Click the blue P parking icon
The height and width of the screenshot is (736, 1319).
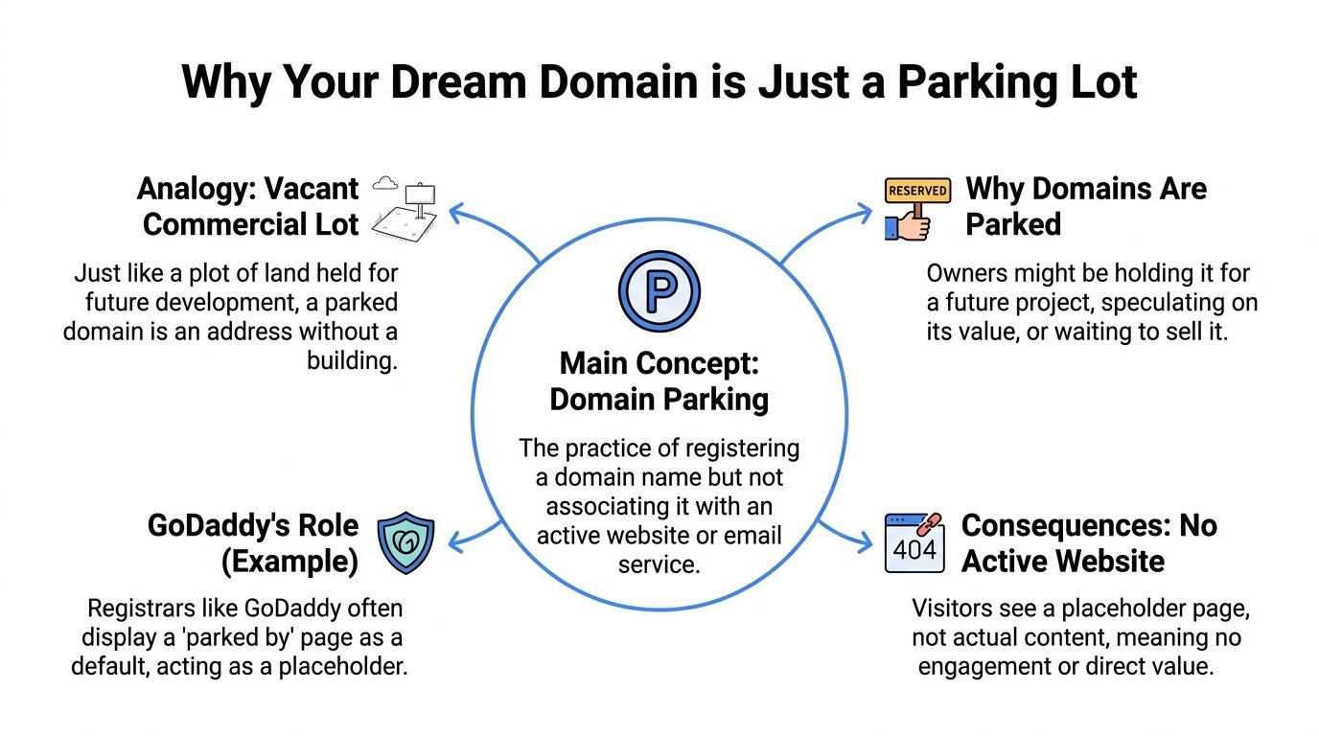[659, 290]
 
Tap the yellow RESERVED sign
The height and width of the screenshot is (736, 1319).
[917, 191]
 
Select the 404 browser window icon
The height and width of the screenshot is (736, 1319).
[914, 543]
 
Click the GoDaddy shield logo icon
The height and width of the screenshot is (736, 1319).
[406, 542]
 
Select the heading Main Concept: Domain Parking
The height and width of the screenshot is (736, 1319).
[659, 380]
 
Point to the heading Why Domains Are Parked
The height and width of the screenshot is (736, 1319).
[1085, 206]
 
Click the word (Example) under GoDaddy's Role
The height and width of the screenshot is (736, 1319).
[289, 561]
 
